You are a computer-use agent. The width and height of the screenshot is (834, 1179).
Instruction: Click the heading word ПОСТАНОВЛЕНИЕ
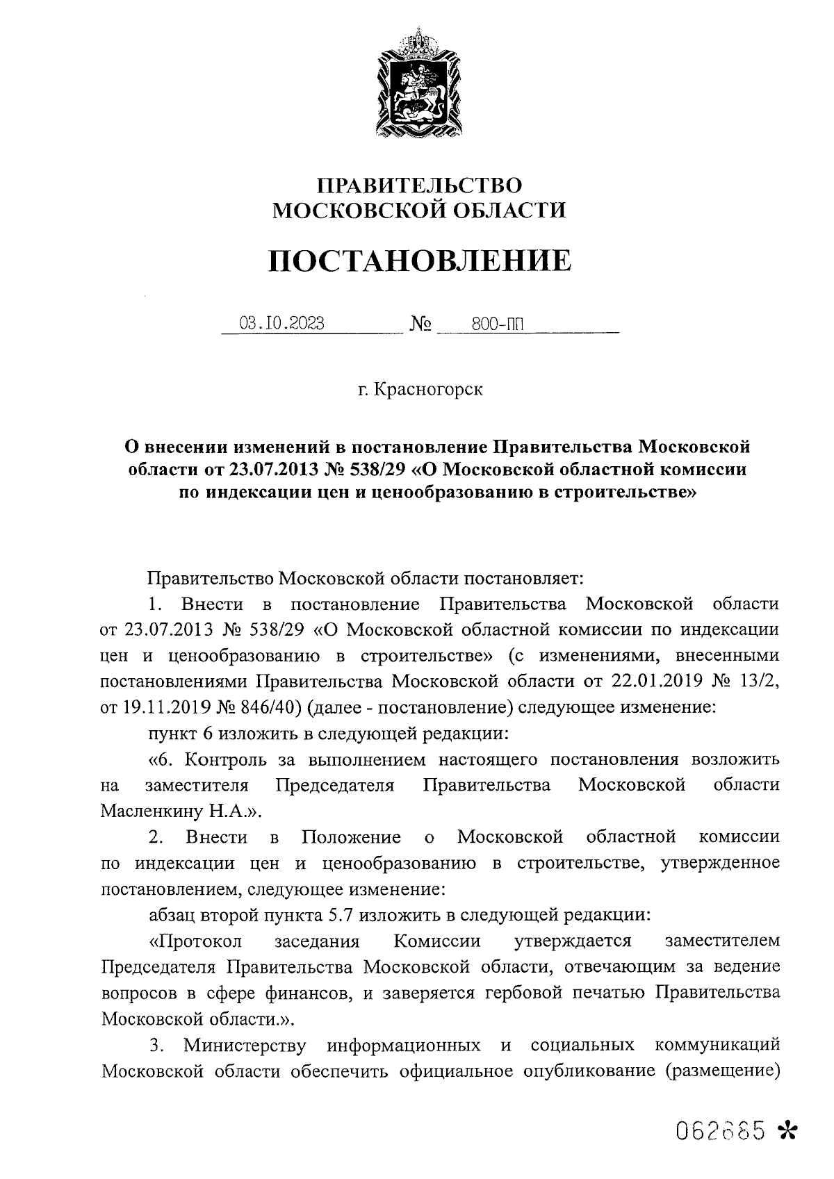419,262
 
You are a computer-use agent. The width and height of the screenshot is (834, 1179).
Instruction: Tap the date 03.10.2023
281,323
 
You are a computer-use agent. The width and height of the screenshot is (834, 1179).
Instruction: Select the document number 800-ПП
496,323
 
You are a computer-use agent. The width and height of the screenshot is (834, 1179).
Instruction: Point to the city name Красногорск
428,389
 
